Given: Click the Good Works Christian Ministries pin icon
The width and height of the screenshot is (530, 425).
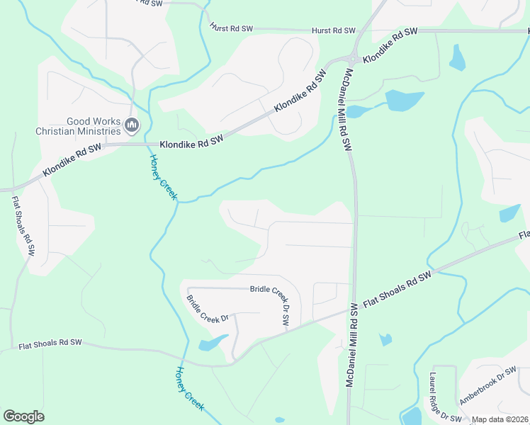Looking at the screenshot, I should (131, 126).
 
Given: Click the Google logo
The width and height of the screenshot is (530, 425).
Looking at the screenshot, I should (23, 416).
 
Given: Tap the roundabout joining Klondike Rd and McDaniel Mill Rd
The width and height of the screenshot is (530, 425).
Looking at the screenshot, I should (353, 59).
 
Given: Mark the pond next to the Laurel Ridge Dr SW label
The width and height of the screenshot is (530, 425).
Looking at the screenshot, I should (410, 415).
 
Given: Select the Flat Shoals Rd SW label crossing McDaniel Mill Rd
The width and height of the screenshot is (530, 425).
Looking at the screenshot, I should (397, 290).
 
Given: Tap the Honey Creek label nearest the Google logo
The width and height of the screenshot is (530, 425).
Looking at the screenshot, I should (189, 389).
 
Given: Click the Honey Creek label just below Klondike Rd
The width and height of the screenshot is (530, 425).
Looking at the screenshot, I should (163, 177).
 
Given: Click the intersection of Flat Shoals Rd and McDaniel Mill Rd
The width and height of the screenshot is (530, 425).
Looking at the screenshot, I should (354, 307).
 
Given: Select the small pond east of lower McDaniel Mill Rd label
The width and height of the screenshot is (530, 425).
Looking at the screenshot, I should (385, 339).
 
